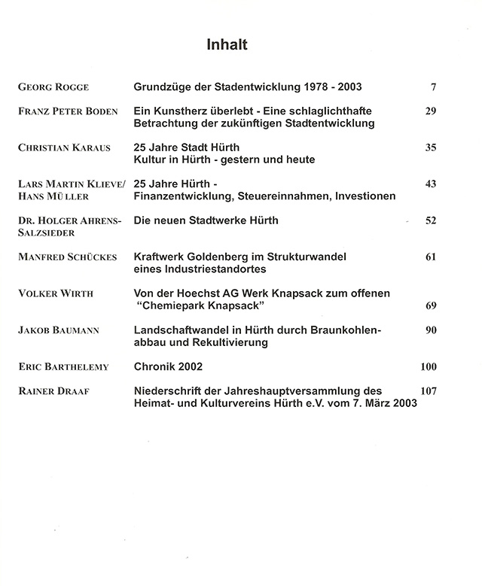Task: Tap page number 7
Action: pos(433,88)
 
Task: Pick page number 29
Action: pos(430,111)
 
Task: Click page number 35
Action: pos(430,147)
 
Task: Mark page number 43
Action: pos(430,184)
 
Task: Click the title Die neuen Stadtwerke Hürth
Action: pos(206,220)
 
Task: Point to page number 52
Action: pos(430,220)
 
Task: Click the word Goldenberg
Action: pos(218,257)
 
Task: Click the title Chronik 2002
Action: pos(169,366)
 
